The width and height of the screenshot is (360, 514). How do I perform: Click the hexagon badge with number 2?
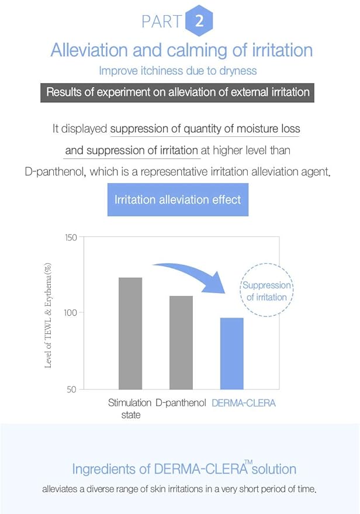(x=199, y=22)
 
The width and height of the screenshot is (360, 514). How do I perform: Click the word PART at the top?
(x=161, y=22)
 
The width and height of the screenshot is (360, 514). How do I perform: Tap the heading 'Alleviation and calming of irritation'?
(x=181, y=50)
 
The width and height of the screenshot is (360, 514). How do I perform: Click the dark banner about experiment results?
(x=178, y=93)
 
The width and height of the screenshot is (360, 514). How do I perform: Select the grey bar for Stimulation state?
(x=130, y=333)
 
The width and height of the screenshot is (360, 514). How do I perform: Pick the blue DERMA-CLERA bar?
(x=231, y=353)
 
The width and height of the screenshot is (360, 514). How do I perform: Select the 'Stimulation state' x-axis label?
(x=130, y=409)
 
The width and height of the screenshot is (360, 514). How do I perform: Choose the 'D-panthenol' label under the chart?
(x=181, y=403)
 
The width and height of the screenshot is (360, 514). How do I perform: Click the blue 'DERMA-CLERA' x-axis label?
(x=243, y=403)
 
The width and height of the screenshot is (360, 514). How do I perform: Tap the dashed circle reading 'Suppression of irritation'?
(x=266, y=291)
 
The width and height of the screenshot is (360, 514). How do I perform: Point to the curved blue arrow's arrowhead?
(x=233, y=291)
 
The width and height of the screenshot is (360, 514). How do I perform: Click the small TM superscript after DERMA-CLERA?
(x=248, y=463)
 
